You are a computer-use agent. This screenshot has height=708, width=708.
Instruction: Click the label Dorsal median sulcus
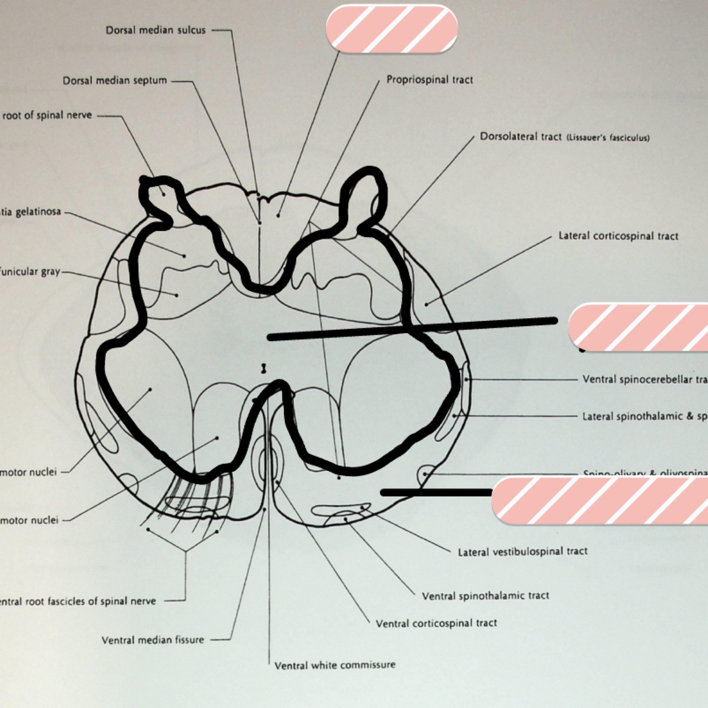click(x=155, y=30)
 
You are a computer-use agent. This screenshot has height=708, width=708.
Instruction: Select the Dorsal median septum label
click(x=115, y=81)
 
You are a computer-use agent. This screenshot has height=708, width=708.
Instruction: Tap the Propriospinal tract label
click(x=429, y=80)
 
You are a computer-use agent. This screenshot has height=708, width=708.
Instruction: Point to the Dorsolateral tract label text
click(x=520, y=136)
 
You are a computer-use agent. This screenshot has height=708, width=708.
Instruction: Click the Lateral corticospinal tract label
click(x=618, y=236)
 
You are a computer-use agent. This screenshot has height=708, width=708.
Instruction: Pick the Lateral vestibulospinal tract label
click(x=523, y=551)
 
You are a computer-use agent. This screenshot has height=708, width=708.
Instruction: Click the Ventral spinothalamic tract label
click(x=485, y=596)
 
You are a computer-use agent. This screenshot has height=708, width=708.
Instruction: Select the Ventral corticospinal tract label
click(x=436, y=623)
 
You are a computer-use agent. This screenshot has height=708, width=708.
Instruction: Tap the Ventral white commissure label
click(x=335, y=665)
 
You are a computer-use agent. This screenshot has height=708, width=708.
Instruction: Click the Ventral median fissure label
click(x=153, y=640)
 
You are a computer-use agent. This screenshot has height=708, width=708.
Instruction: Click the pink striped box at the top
click(x=392, y=29)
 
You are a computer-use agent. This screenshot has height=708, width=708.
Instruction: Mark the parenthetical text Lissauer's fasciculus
click(x=608, y=138)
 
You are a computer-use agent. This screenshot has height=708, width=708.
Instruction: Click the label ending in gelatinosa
click(x=31, y=212)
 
